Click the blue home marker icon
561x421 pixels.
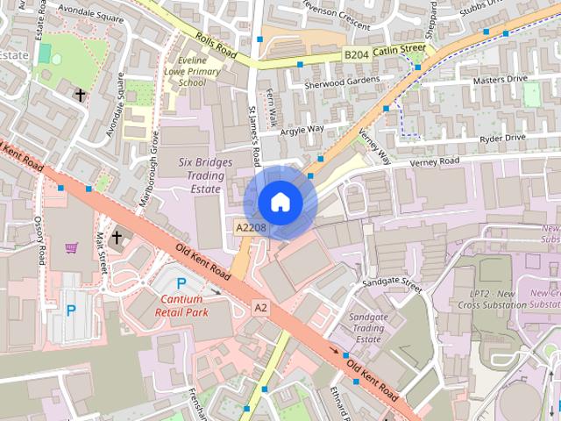coord(280,203)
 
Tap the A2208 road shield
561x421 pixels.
coord(250,227)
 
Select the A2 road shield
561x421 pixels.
coord(260,308)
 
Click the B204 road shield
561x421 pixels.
coord(356,54)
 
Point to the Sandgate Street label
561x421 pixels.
coord(391,287)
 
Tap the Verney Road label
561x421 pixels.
coord(437,161)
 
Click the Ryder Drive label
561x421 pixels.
coord(502,139)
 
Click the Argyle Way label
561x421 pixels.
coord(302,130)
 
